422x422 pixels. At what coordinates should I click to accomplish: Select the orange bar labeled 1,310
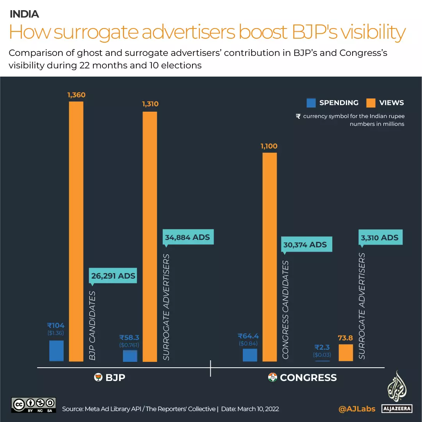[150, 236]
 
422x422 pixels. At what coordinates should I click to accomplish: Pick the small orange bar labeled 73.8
[345, 352]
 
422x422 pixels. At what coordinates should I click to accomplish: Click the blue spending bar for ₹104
[56, 350]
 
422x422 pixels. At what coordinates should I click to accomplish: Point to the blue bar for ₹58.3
[130, 356]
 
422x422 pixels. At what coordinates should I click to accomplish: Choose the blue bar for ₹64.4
[250, 355]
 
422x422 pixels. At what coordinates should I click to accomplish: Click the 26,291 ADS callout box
[113, 276]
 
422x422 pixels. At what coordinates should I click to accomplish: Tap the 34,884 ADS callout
[187, 237]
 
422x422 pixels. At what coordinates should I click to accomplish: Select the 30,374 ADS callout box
[306, 245]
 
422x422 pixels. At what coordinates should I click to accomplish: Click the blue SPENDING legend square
[311, 103]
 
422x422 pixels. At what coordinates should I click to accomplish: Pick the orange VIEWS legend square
[371, 103]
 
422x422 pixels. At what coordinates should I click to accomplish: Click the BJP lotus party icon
[98, 377]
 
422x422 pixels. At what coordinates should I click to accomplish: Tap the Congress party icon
[272, 377]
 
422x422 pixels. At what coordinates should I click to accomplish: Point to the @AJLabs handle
[357, 409]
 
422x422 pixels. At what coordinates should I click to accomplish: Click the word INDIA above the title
[24, 14]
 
